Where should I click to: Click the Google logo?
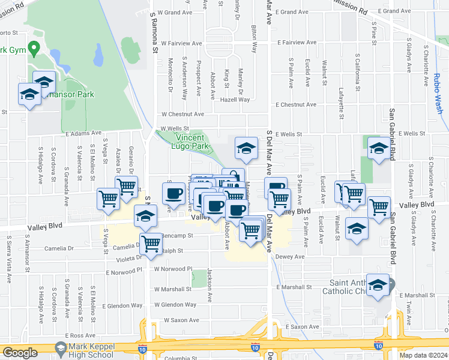click(x=20, y=353)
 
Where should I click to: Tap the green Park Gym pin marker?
click(x=34, y=49)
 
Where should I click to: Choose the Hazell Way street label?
click(x=235, y=100)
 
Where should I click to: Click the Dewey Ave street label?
click(x=291, y=256)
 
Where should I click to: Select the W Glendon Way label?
click(x=175, y=304)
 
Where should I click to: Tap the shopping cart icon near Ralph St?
click(x=151, y=244)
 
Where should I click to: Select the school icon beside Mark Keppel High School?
click(x=60, y=348)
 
